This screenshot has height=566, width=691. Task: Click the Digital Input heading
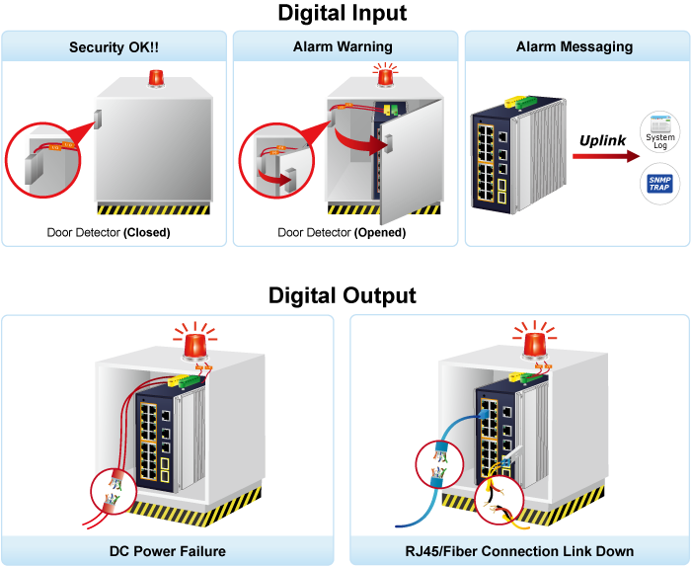(343, 14)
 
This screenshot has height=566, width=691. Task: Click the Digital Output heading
(343, 295)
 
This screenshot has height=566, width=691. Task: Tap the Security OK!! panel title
(115, 46)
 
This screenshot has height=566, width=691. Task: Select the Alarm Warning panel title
(343, 46)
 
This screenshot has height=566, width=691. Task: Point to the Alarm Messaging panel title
(575, 46)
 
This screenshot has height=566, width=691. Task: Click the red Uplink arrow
(601, 156)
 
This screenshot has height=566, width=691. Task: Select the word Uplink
(602, 140)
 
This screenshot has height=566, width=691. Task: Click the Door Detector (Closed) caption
(109, 233)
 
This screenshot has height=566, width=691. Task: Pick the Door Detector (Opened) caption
(342, 233)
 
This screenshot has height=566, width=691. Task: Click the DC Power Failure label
(168, 550)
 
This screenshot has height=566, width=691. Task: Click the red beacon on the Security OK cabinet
(155, 78)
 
